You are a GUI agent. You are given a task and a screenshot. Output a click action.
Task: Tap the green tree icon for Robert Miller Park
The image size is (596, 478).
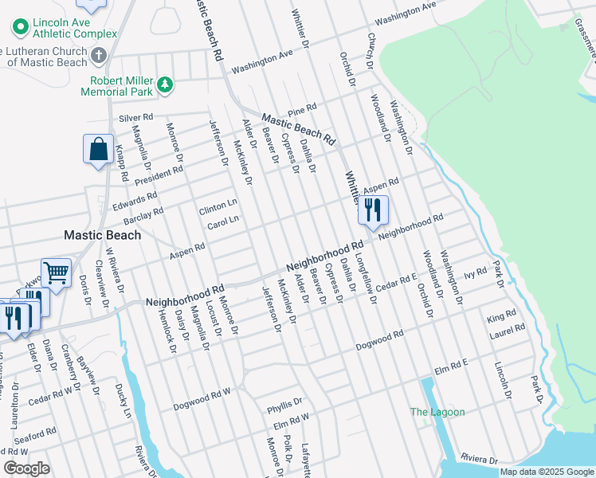coord(165,83)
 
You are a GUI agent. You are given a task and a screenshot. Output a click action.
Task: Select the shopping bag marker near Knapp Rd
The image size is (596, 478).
coord(98,150)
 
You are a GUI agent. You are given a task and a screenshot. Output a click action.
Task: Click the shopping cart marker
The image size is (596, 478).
coord(57,274)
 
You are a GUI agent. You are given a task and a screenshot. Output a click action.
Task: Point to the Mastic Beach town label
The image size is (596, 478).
coord(102,235)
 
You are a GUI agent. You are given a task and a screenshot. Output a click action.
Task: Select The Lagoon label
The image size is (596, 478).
coord(437,412)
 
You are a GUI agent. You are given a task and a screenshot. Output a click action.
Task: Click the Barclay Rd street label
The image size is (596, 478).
coord(143,215)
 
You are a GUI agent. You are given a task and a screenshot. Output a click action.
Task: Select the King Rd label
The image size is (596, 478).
coord(501,316)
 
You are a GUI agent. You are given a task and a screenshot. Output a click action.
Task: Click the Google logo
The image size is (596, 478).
coord(26,468)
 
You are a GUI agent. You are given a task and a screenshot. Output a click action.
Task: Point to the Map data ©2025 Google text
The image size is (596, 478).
coord(546,472)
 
